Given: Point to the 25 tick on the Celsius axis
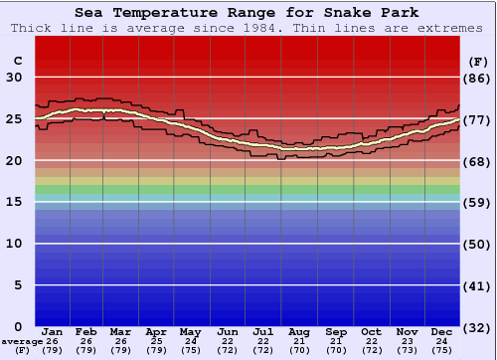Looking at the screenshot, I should pyautogui.click(x=15, y=119).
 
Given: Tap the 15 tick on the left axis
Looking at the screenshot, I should pyautogui.click(x=15, y=202).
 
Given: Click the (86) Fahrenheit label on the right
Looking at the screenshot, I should pyautogui.click(x=477, y=78).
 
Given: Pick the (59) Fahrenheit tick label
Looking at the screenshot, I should pyautogui.click(x=477, y=202).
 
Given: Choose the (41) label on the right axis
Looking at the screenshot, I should pyautogui.click(x=477, y=285).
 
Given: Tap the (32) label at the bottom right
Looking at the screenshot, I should pyautogui.click(x=477, y=327).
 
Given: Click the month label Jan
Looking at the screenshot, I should pyautogui.click(x=53, y=331).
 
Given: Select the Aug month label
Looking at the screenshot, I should pyautogui.click(x=299, y=331).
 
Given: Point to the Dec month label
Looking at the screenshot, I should pyautogui.click(x=441, y=331).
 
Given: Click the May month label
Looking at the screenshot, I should pyautogui.click(x=190, y=331).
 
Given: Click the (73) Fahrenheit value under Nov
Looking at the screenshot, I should pyautogui.click(x=407, y=350).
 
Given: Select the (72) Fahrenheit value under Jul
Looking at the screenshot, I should pyautogui.click(x=263, y=350).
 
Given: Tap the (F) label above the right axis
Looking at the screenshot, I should pyautogui.click(x=477, y=62).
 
